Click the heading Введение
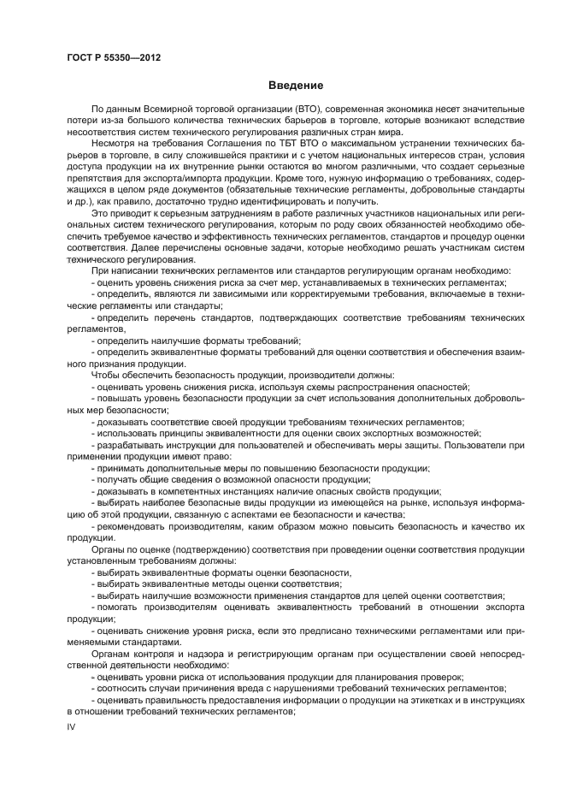(x=296, y=86)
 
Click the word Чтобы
(x=106, y=376)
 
